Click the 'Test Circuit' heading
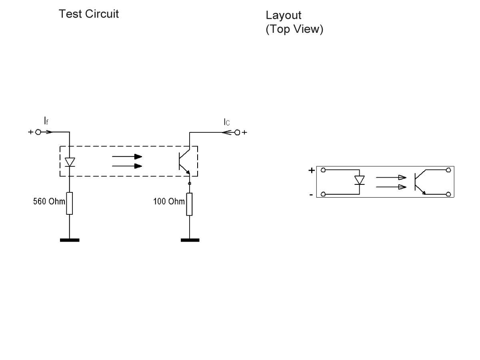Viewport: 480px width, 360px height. coord(88,14)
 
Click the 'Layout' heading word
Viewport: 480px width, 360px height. coord(283,16)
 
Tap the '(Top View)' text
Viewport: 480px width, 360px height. coord(294,30)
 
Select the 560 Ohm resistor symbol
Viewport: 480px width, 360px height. coord(70,203)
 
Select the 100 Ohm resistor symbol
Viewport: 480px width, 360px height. coord(190,204)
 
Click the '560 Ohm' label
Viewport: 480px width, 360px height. coord(49,201)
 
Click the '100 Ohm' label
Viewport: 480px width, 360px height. coord(169,201)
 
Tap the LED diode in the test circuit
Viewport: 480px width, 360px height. coord(70,162)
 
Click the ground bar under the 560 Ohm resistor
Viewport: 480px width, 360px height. coord(70,240)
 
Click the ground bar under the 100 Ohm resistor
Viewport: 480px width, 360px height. coord(190,240)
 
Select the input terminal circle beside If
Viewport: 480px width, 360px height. coord(38,132)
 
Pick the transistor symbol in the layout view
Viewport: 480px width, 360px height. coord(420,182)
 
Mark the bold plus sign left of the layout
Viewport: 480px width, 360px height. coord(311,170)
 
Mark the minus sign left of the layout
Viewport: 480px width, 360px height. coord(311,195)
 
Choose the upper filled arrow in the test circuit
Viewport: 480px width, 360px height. coord(127,157)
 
